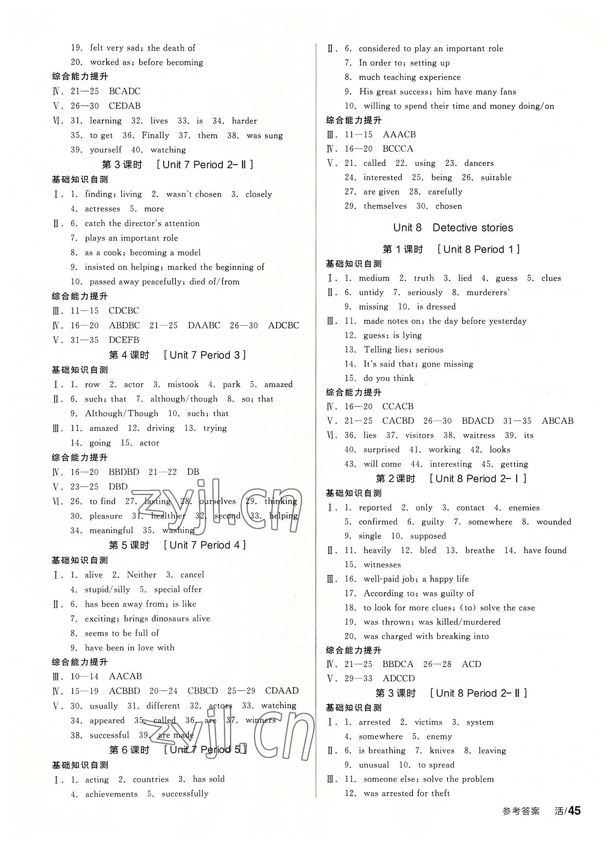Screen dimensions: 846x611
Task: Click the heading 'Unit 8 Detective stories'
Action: (453, 227)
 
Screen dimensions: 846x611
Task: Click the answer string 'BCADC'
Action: (125, 91)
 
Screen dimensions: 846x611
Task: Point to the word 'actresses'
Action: (102, 209)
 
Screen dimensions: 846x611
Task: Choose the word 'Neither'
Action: (142, 575)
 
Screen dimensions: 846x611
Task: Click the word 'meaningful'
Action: (111, 530)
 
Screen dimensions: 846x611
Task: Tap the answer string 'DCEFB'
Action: (124, 340)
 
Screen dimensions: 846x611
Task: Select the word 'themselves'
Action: (385, 206)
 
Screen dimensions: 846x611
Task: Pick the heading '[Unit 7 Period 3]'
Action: (204, 355)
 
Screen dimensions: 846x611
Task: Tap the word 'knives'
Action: (442, 751)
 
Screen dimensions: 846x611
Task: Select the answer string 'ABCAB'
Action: (558, 421)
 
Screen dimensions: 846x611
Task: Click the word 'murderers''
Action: (488, 293)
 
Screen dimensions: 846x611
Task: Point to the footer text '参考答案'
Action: (521, 812)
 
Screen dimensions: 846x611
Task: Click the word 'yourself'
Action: (105, 150)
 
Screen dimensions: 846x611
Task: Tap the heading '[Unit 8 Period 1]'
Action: (479, 249)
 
